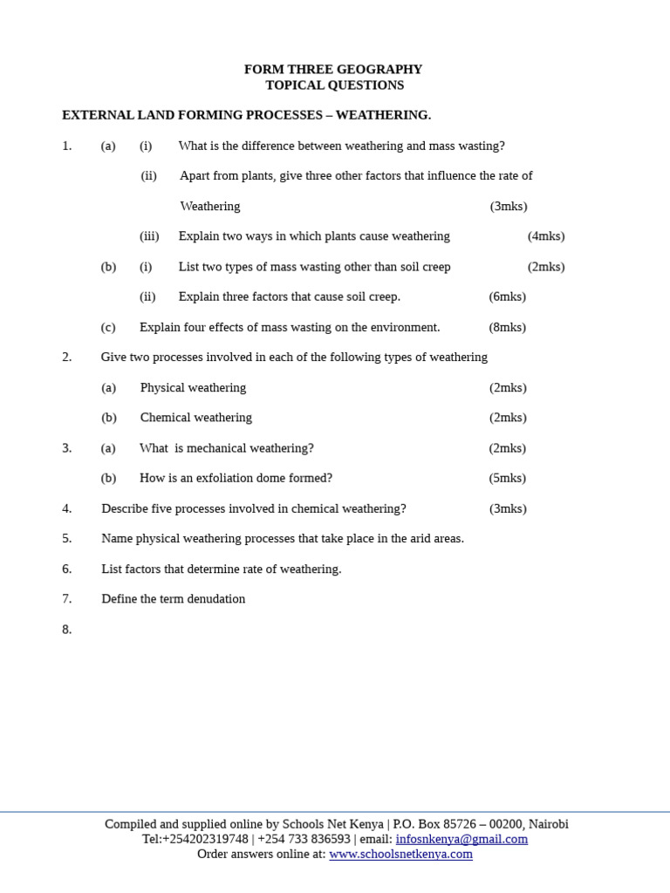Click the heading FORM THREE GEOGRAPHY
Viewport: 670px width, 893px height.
333,70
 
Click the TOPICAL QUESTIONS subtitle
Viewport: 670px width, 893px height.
335,85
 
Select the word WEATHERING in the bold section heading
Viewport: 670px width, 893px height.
383,115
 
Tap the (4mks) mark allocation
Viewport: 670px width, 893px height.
546,236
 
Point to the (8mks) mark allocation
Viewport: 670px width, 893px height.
507,327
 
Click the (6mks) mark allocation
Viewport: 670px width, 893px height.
507,297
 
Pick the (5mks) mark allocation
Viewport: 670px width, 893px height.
507,478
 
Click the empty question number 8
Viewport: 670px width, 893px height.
66,630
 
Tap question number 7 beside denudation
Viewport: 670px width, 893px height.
66,599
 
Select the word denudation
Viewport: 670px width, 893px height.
215,599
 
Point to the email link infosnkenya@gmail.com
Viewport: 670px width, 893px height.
461,839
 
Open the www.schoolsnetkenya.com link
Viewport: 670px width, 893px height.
400,855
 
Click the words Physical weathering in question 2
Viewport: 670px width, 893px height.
193,388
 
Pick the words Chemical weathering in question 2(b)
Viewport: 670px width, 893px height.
195,418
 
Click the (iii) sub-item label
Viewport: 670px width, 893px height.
149,236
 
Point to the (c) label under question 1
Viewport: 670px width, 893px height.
108,327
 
